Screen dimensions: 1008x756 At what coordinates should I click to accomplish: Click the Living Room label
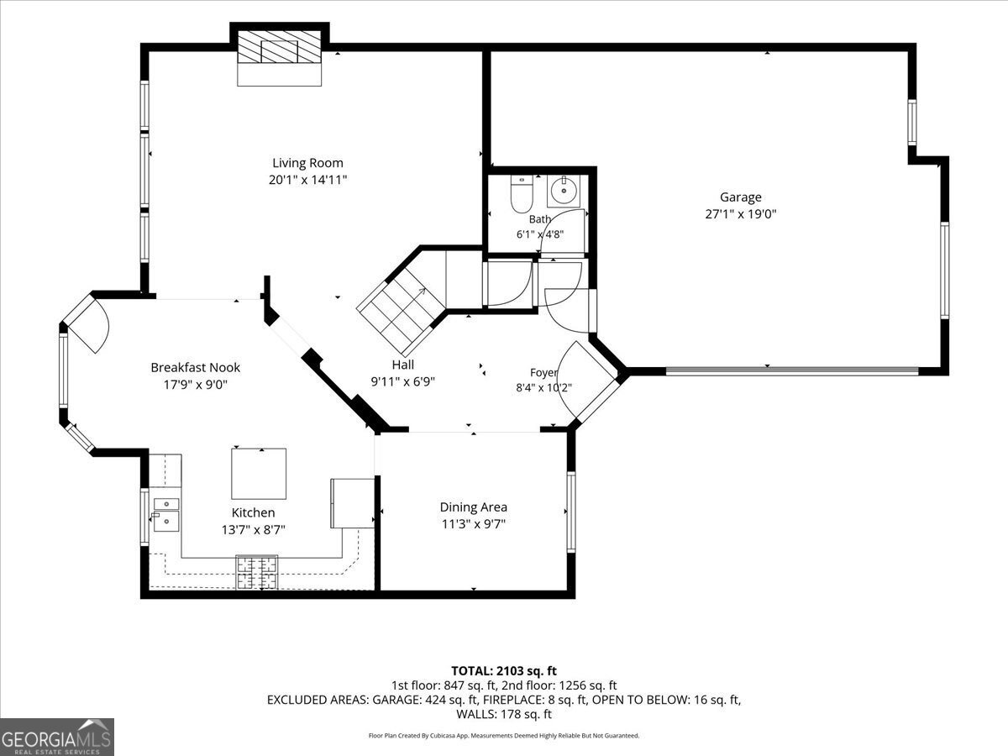(x=307, y=163)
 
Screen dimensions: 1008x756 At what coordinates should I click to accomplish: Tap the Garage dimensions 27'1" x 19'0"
(x=741, y=214)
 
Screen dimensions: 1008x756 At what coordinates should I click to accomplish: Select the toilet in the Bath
(x=522, y=194)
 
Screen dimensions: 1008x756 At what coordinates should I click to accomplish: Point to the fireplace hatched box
(x=279, y=47)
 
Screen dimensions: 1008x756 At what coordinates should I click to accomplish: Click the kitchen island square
(x=259, y=474)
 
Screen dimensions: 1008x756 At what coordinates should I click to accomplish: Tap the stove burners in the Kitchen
(x=257, y=572)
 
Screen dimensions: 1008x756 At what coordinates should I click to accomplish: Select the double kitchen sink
(x=165, y=515)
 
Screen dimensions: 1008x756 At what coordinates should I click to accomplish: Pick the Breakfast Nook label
(x=196, y=367)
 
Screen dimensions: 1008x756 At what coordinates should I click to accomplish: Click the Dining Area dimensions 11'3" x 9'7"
(x=474, y=523)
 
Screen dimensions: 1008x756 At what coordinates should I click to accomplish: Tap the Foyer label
(x=543, y=372)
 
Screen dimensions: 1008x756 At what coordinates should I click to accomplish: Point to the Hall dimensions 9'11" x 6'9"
(x=402, y=381)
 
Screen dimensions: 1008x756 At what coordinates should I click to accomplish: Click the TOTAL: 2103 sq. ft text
(x=504, y=671)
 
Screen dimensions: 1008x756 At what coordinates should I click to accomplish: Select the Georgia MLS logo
(x=57, y=738)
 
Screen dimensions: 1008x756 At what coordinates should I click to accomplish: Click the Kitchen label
(x=253, y=512)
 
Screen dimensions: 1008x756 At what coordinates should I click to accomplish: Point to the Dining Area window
(x=571, y=512)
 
